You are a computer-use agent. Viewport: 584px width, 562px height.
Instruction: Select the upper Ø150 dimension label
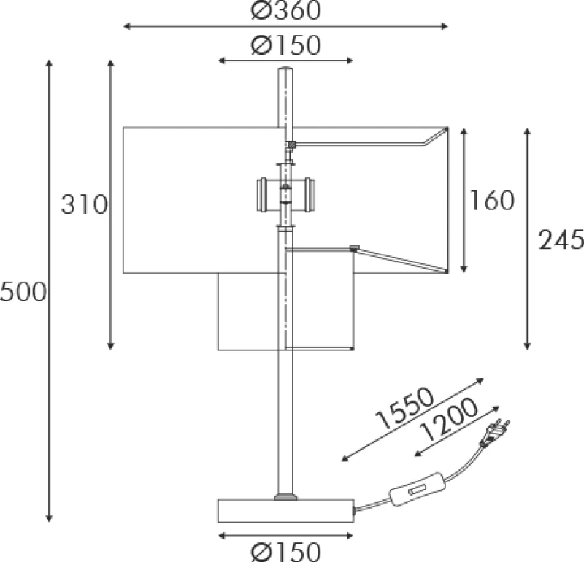pyautogui.click(x=285, y=45)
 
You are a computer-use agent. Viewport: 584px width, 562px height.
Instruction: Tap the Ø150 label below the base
pyautogui.click(x=285, y=552)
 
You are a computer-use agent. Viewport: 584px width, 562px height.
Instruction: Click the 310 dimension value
pyautogui.click(x=84, y=204)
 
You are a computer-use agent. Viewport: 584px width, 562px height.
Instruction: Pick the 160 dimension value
pyautogui.click(x=491, y=201)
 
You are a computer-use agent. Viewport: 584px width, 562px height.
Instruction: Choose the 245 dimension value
pyautogui.click(x=561, y=239)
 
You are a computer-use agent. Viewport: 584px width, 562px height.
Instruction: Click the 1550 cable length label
pyautogui.click(x=405, y=408)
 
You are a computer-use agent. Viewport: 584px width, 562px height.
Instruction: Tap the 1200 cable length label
pyautogui.click(x=448, y=420)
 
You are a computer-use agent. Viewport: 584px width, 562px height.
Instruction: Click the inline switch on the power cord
pyautogui.click(x=418, y=490)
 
